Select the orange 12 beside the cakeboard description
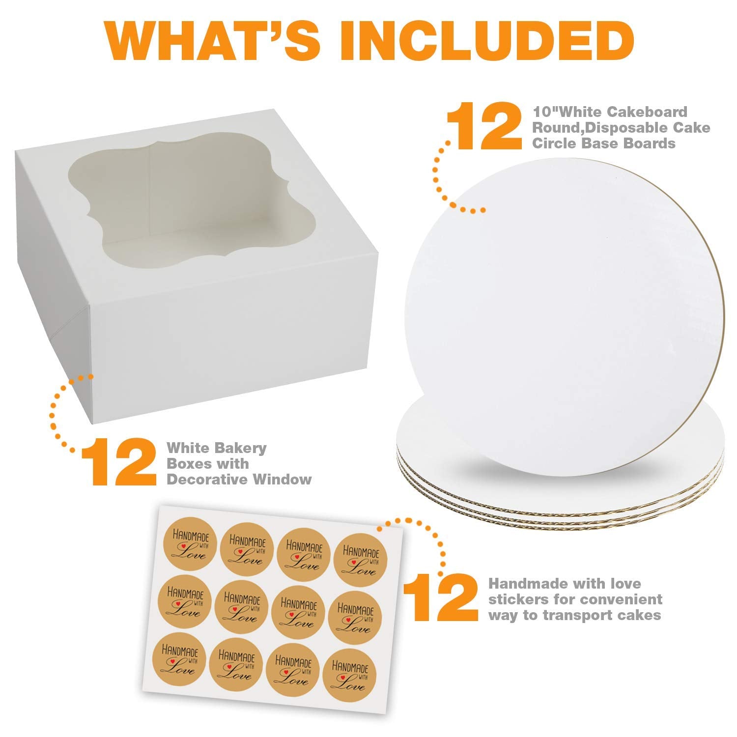point(483,127)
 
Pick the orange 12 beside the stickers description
point(440,598)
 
